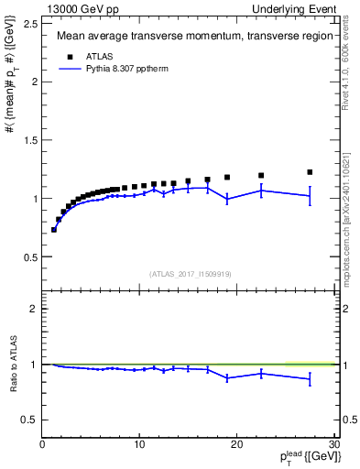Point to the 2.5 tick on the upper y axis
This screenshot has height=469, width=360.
30,23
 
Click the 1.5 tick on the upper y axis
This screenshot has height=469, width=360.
30,139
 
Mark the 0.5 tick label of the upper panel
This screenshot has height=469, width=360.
30,256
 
